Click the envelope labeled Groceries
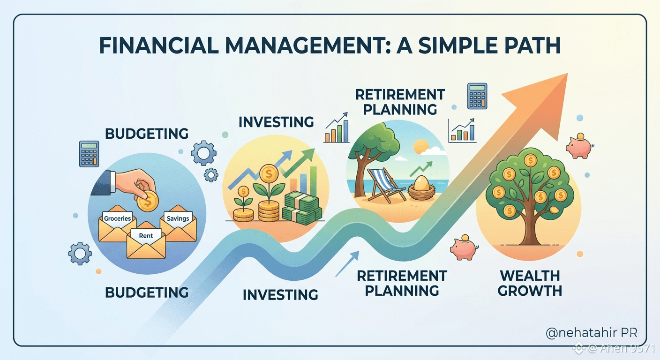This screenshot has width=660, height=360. click(x=117, y=226)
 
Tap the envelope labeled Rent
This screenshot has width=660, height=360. click(x=146, y=243)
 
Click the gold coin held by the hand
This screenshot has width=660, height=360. click(x=148, y=201)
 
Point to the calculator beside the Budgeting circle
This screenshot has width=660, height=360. click(x=89, y=154)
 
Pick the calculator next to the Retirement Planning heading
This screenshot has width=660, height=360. click(x=477, y=96)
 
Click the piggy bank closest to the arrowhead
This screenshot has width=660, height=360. click(x=579, y=146)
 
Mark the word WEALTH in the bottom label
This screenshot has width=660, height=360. click(x=530, y=276)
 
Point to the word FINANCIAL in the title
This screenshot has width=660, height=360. click(x=159, y=45)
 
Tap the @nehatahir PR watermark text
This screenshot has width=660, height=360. click(x=592, y=333)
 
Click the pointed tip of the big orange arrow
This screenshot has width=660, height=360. click(x=567, y=74)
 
